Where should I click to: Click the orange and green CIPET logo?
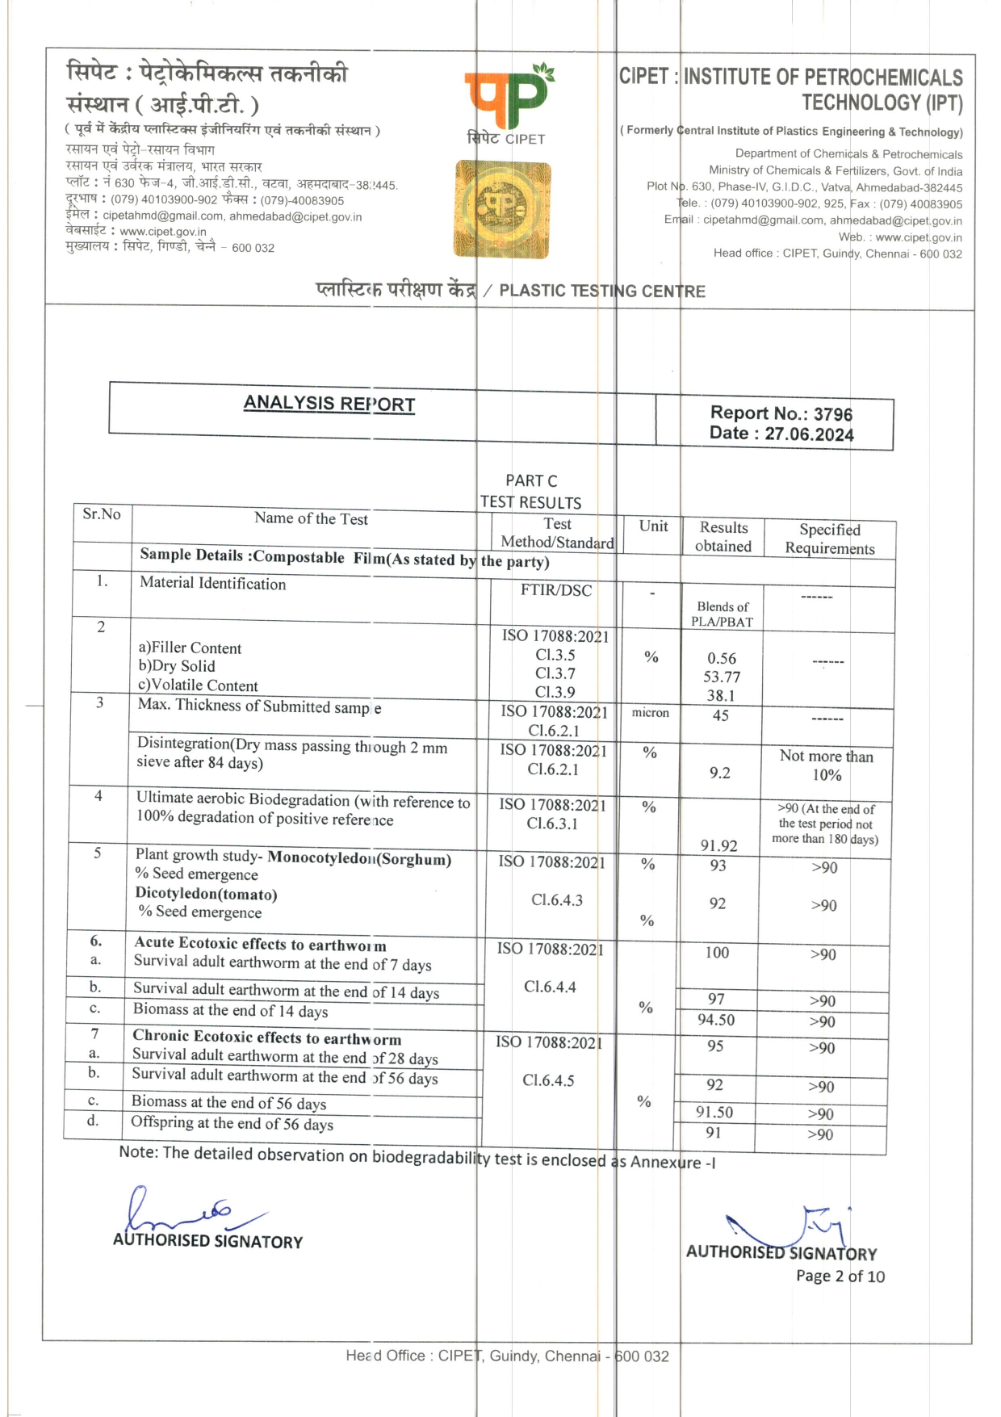coord(508,97)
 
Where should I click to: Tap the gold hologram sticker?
coord(502,209)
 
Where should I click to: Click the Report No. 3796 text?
coord(781,413)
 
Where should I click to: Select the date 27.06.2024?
coord(809,434)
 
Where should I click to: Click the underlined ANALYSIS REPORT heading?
coord(329,404)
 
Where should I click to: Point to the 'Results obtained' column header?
coord(723,537)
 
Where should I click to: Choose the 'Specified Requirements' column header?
coord(829,539)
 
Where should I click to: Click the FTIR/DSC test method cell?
coord(555,590)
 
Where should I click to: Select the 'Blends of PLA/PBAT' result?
coord(722,614)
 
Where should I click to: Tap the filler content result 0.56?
coord(722,659)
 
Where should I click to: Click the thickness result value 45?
coord(720,715)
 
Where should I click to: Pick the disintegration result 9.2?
coord(719,773)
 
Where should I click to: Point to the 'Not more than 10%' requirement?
coord(826,765)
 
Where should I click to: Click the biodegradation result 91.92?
coord(718,845)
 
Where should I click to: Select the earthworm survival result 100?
coord(716,953)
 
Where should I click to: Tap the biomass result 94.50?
coord(716,1020)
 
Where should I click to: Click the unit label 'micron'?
coord(650,712)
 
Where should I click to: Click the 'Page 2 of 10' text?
coord(840,1277)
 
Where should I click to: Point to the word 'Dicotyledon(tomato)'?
coord(206,894)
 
